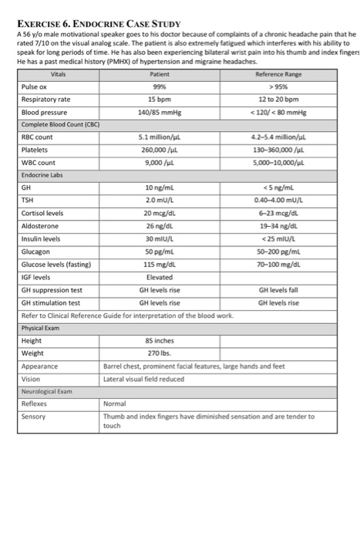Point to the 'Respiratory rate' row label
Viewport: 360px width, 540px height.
(x=45, y=100)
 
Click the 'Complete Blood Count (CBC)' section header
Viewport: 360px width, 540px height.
(x=62, y=124)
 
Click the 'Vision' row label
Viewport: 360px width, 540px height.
(x=31, y=379)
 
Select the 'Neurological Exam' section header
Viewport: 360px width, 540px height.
(x=49, y=391)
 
